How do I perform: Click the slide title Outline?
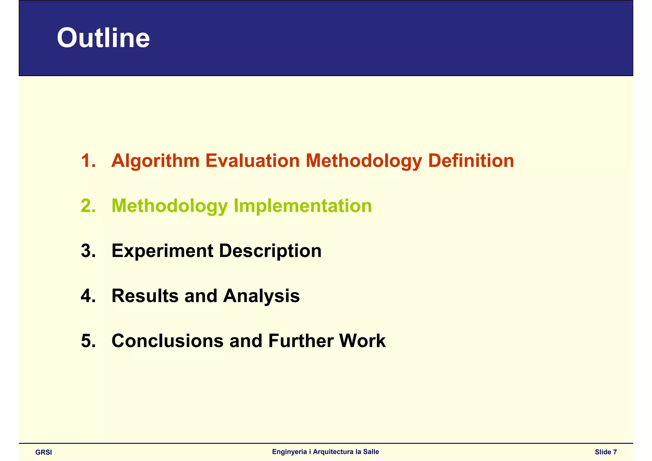pyautogui.click(x=103, y=38)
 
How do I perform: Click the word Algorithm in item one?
pyautogui.click(x=155, y=161)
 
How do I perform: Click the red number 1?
pyautogui.click(x=88, y=160)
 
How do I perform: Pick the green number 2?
pyautogui.click(x=88, y=206)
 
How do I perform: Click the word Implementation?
pyautogui.click(x=303, y=206)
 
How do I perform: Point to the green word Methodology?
pyautogui.click(x=170, y=206)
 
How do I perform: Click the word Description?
pyautogui.click(x=270, y=251)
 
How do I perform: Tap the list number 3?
pyautogui.click(x=88, y=251)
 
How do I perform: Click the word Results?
pyautogui.click(x=145, y=296)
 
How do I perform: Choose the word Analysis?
pyautogui.click(x=261, y=296)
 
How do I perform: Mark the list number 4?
pyautogui.click(x=88, y=296)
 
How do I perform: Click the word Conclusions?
pyautogui.click(x=167, y=341)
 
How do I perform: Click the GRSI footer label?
pyautogui.click(x=44, y=452)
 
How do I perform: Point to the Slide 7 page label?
pyautogui.click(x=606, y=452)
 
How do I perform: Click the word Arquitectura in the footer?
pyautogui.click(x=333, y=452)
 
